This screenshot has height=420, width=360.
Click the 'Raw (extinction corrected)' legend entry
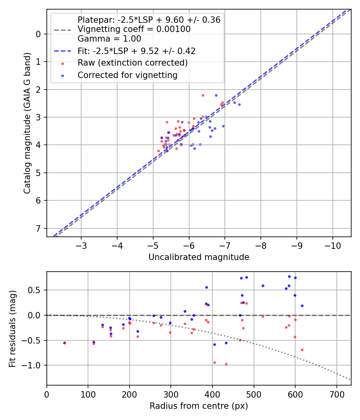pyautogui.click(x=132, y=63)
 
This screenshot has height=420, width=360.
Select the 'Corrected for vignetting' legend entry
pyautogui.click(x=127, y=75)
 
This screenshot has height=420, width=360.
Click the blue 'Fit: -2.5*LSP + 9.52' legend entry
pyautogui.click(x=136, y=51)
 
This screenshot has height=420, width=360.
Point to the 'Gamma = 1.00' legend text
pyautogui.click(x=109, y=39)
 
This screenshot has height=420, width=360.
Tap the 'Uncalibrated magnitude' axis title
pyautogui.click(x=199, y=257)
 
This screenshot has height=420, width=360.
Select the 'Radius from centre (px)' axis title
pyautogui.click(x=199, y=406)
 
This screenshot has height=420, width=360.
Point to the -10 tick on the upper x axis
pyautogui.click(x=332, y=245)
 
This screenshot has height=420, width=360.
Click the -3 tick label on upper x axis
pyautogui.click(x=82, y=245)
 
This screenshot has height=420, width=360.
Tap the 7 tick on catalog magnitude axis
pyautogui.click(x=38, y=228)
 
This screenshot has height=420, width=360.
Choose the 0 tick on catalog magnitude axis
pyautogui.click(x=38, y=34)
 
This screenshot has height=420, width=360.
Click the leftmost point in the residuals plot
pyautogui.click(x=64, y=343)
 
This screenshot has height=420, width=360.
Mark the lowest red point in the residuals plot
pyautogui.click(x=226, y=364)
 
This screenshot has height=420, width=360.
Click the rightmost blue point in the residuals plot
pyautogui.click(x=302, y=306)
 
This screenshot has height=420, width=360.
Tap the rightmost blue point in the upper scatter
pyautogui.click(x=239, y=104)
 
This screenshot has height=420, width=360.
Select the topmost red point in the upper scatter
pyautogui.click(x=203, y=95)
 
